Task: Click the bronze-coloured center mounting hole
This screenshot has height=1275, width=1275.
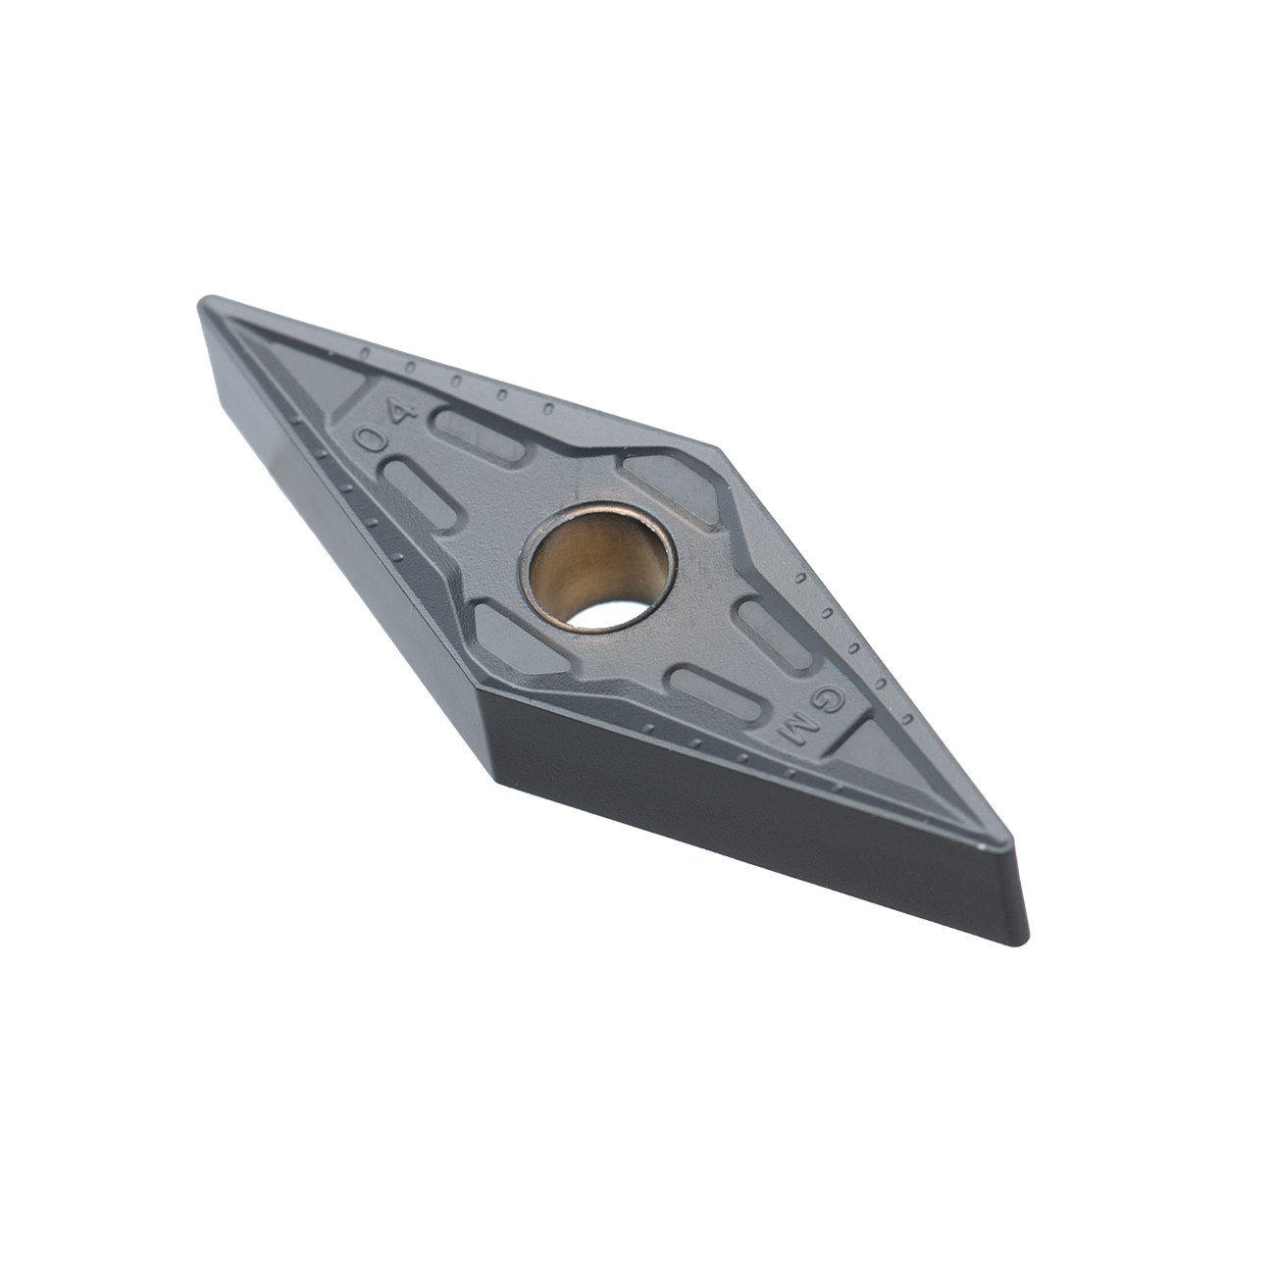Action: (597, 567)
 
